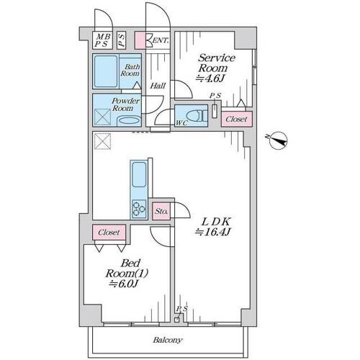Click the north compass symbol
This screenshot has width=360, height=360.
pos(278,140)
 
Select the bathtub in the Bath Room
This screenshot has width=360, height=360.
pos(106,71)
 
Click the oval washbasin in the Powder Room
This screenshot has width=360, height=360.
pos(129,120)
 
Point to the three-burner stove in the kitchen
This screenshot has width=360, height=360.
pos(139,209)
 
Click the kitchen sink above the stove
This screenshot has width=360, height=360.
pos(139,174)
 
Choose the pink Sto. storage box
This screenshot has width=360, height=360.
pos(161,211)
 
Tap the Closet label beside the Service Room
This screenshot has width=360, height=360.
pos(236,119)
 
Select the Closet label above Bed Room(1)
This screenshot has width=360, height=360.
pos(109,233)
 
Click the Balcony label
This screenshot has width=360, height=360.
pos(168,340)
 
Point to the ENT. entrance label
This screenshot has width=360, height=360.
pos(161,40)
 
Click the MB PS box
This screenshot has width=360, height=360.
pos(102,40)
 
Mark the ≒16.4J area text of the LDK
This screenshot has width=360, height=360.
pos(213,232)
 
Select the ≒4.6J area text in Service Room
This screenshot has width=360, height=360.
pos(210,78)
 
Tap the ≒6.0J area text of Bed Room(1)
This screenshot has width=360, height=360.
pos(124,284)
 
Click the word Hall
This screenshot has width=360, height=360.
pos(158,86)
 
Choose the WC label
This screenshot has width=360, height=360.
pos(181,123)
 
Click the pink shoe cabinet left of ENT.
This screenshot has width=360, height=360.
pos(140,40)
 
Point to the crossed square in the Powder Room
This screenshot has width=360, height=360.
pos(102,117)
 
